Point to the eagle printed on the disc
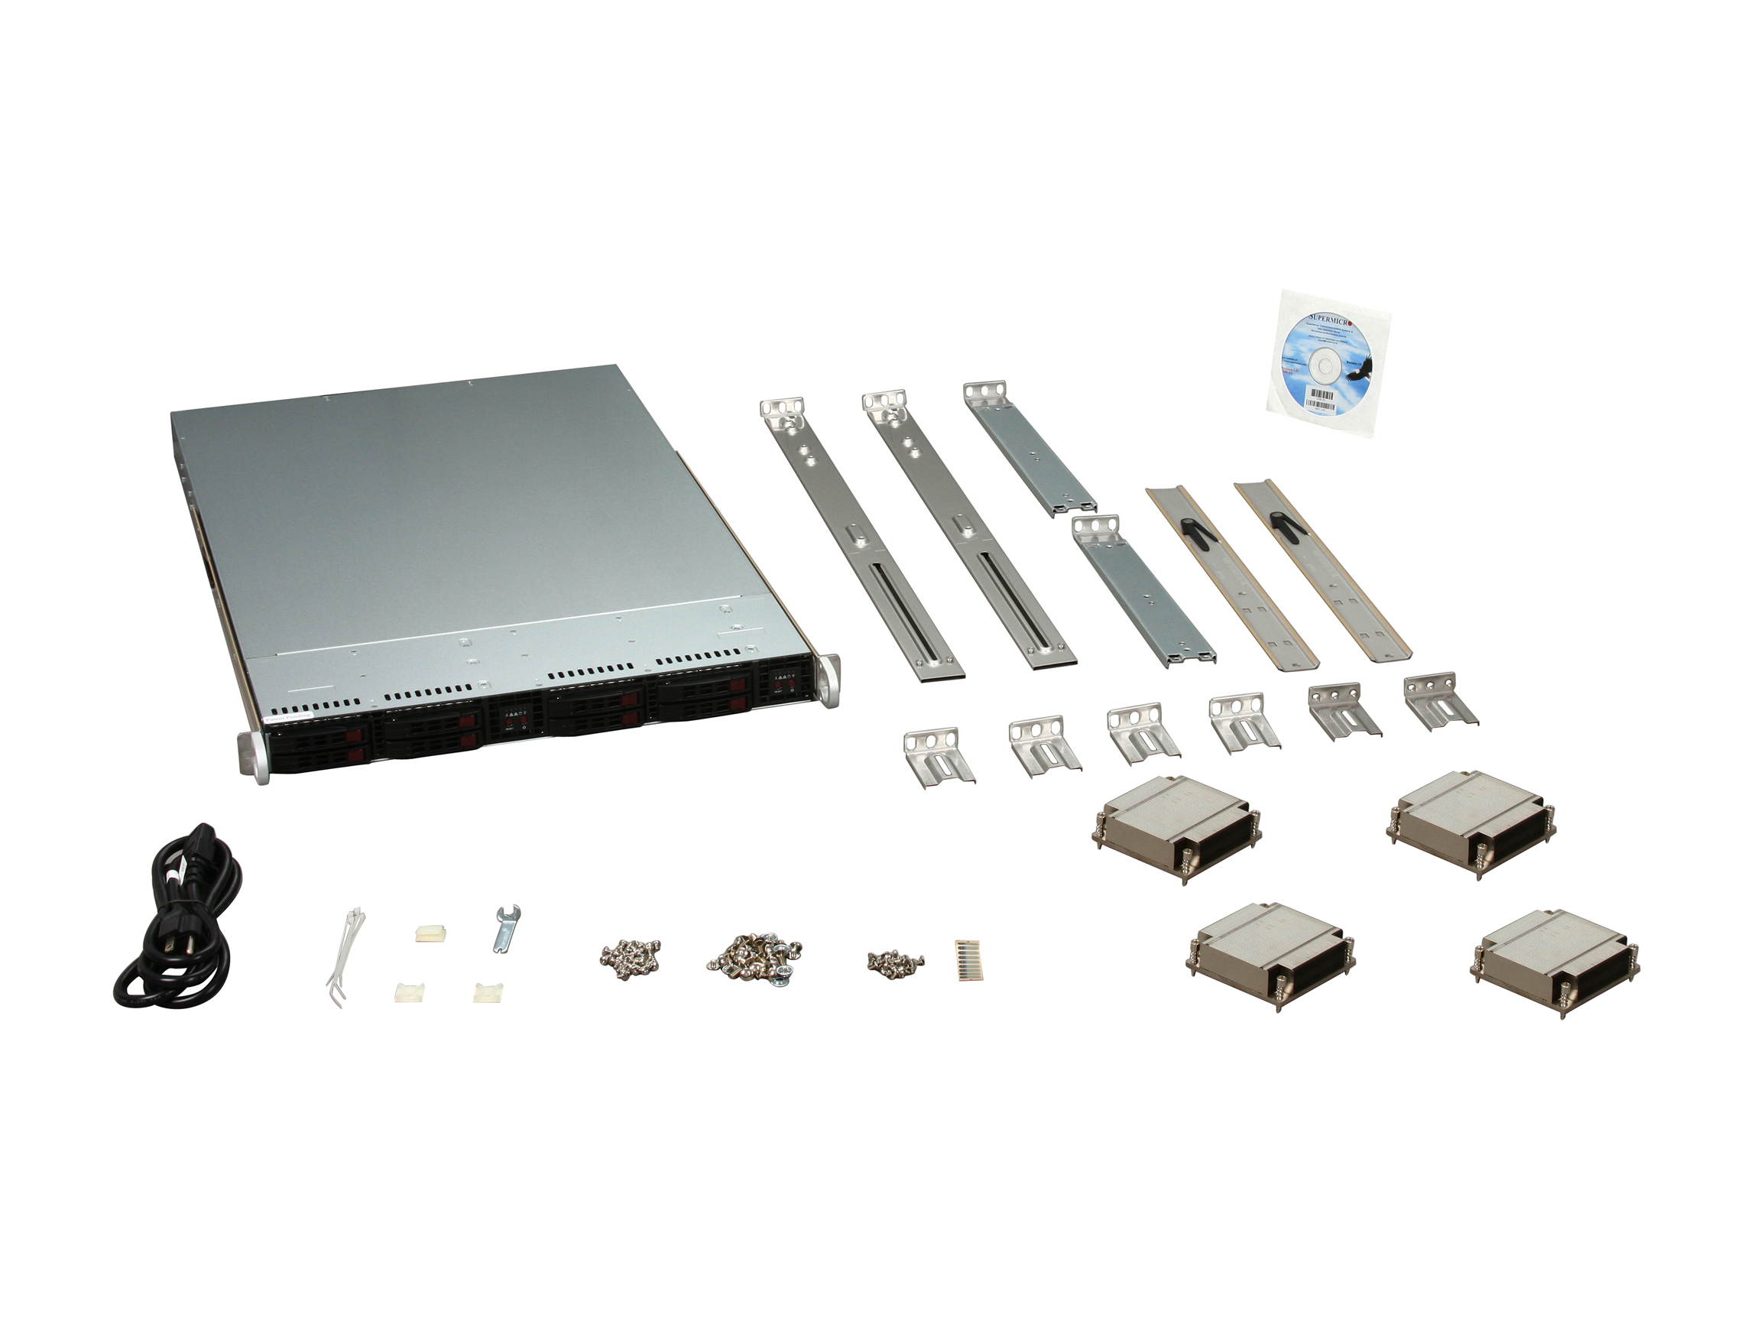[x=1358, y=368]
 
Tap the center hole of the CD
[x=1325, y=365]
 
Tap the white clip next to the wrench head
[x=430, y=933]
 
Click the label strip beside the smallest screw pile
[x=969, y=959]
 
